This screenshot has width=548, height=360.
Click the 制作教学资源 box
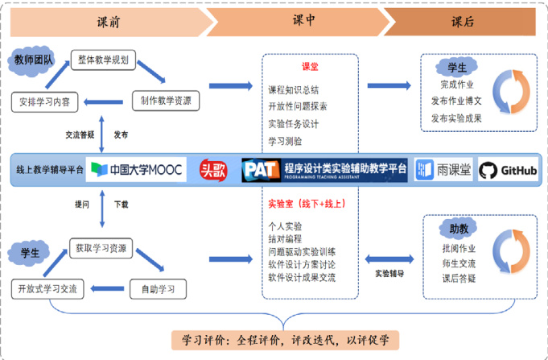(x=167, y=101)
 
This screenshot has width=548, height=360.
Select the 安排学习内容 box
(x=47, y=101)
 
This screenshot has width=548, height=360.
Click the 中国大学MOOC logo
(x=138, y=171)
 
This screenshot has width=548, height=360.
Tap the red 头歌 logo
(x=213, y=171)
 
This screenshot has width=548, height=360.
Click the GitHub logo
(x=509, y=171)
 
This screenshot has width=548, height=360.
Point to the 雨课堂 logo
(x=445, y=171)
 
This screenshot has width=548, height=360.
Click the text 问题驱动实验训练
(x=302, y=251)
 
